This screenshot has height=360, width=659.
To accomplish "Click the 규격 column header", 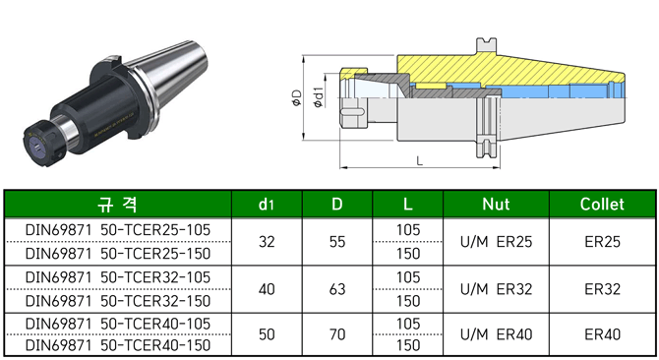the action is pos(117,205).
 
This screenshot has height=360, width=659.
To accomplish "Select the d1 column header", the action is pos(267,205).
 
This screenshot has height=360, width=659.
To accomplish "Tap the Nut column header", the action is pos(496,205).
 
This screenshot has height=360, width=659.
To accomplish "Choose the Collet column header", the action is pos(602,205).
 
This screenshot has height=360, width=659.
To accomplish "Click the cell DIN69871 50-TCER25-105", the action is pos(118,230).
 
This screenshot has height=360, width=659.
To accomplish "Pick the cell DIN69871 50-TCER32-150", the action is pos(118,301).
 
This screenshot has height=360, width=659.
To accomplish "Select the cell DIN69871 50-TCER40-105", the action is pos(118,324).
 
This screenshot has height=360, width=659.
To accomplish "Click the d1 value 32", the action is pos(267,242).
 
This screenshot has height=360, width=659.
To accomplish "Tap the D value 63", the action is pos(337,289).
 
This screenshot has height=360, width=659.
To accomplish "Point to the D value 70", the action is pos(337,334).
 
